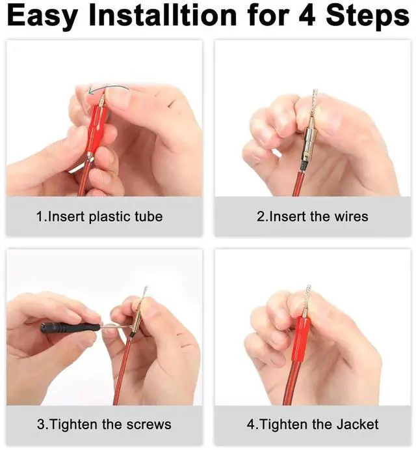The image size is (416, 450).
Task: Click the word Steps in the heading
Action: click(368, 16)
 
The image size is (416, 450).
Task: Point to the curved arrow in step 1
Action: click(108, 87)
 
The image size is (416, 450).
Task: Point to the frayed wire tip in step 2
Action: click(314, 102)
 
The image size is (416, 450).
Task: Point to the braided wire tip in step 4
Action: click(307, 297)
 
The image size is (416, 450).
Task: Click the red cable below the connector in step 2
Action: click(298, 184)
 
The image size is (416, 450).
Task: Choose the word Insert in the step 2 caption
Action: click(288, 216)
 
